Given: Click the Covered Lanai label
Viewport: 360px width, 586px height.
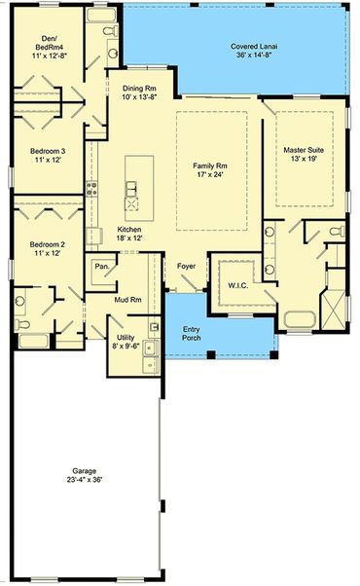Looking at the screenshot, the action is [254, 47].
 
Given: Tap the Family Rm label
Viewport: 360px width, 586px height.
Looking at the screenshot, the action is [210, 165].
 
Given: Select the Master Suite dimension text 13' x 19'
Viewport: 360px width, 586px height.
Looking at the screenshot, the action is [304, 159].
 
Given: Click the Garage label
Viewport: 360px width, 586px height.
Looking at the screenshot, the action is [85, 471].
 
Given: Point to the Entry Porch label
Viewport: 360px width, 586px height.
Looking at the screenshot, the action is [192, 333].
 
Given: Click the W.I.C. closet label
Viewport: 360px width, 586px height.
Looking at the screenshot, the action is [237, 285].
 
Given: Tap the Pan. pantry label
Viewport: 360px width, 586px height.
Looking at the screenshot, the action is [102, 267].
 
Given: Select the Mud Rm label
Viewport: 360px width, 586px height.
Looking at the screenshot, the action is [127, 300].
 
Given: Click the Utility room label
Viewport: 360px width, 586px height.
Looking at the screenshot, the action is [126, 337].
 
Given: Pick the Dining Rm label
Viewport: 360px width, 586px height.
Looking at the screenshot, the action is [139, 89].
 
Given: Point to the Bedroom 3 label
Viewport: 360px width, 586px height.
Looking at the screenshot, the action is [48, 151].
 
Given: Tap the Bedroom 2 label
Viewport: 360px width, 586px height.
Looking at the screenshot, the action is [47, 244].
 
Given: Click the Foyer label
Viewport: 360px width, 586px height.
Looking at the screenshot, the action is [186, 266].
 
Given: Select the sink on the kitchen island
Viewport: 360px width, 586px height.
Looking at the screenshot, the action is [130, 189].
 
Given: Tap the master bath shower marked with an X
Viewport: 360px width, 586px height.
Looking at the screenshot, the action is [333, 310].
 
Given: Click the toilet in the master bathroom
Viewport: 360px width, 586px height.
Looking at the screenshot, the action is [338, 231].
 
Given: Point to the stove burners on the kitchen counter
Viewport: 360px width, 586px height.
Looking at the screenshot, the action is [91, 189].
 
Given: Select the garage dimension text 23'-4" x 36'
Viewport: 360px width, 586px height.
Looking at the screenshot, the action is [85, 480].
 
